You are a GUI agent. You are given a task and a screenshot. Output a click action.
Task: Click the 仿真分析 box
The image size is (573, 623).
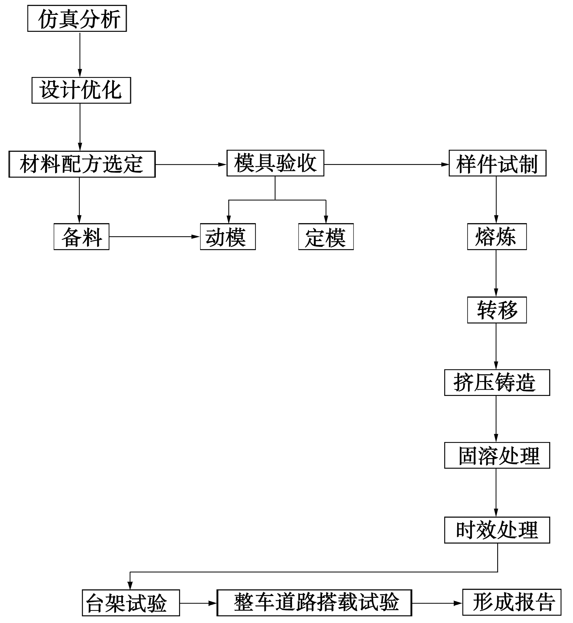pos(77,18)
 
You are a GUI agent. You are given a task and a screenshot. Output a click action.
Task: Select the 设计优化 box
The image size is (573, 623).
pos(82,90)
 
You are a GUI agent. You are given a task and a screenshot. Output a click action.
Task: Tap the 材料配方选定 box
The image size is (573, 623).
pos(82,164)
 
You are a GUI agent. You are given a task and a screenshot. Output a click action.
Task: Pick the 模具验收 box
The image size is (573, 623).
pos(275,163)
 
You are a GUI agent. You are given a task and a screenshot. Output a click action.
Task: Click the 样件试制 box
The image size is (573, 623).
pos(498,163)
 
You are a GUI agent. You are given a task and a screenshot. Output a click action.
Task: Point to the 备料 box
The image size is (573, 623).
pos(82,236)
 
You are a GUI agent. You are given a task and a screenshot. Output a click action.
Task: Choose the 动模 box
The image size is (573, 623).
pos(228,236)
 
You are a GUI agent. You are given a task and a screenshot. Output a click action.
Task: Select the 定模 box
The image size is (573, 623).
pos(326,236)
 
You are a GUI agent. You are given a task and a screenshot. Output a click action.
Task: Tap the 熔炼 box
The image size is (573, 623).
pos(497,236)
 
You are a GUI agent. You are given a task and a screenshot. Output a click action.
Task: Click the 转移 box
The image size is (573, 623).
pos(497,310)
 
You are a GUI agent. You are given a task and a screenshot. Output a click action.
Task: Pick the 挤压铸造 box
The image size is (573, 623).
pos(497,383)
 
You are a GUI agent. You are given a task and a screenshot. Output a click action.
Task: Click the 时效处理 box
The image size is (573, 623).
pos(497,530)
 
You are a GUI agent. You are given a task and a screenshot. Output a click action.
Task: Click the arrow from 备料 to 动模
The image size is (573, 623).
pos(155,236)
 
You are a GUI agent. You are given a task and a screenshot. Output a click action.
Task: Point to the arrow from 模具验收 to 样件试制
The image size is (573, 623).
pos(387,164)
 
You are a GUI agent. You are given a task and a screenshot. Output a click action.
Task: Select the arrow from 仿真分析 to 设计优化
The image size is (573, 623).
pos(80,54)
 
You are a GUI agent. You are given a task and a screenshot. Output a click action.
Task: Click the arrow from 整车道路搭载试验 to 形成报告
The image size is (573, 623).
pos(437,603)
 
